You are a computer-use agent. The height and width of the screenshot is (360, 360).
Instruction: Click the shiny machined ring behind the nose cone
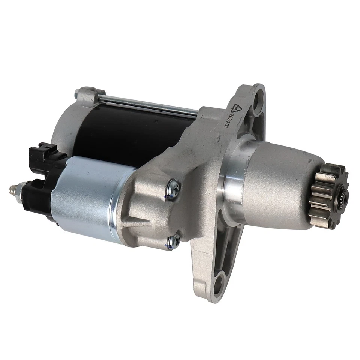(x=229, y=180)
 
